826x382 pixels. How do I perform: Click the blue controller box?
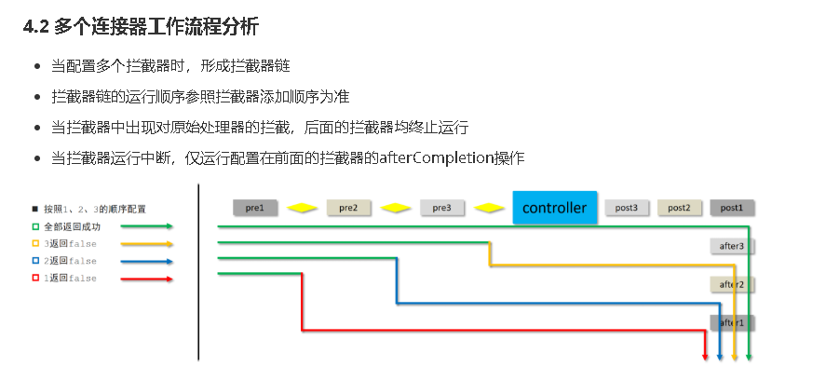[554, 207]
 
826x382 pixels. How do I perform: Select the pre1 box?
[255, 208]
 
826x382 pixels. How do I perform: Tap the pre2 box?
[349, 208]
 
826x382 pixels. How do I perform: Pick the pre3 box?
[442, 208]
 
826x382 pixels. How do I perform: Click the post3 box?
[627, 208]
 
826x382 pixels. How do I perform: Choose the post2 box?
[679, 208]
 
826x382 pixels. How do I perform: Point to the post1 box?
[732, 208]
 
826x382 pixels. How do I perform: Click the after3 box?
[732, 246]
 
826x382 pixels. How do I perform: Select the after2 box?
[732, 284]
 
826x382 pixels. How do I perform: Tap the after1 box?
[732, 322]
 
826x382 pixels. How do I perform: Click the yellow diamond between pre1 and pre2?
[302, 208]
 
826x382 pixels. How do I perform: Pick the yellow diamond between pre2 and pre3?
[396, 208]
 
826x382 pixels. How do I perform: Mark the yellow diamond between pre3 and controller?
[489, 208]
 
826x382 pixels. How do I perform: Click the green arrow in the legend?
[147, 226]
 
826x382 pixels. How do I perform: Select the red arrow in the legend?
[147, 279]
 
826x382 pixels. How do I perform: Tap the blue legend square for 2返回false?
[35, 261]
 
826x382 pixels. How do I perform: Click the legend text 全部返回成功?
[72, 226]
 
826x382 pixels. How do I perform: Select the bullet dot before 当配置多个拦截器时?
[36, 66]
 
